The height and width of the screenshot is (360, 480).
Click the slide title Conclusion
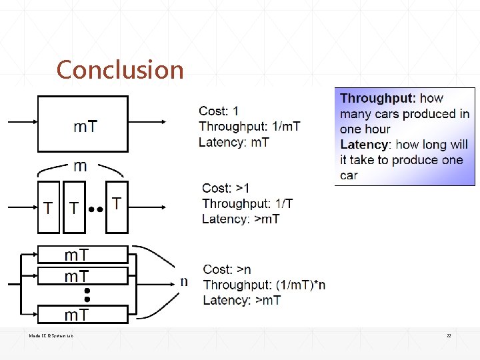point(120,69)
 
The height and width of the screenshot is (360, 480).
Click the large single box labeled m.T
point(83,124)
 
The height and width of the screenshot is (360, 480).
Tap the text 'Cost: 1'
point(218,111)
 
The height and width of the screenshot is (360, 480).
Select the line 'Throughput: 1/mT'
point(249,126)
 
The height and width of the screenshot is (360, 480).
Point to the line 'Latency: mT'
point(233,141)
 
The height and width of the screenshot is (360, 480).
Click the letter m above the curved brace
point(79,166)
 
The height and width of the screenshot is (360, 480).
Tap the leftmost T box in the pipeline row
point(48,207)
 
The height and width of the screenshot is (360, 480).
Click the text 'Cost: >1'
point(225,189)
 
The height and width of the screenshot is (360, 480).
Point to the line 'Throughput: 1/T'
point(247,203)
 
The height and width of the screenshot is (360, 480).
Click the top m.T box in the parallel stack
point(82,255)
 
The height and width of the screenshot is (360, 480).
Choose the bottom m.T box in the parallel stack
point(82,315)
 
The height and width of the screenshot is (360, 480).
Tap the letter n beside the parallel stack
point(184,281)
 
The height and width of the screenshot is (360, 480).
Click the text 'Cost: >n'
point(227,269)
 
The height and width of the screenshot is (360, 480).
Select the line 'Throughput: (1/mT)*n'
point(264,285)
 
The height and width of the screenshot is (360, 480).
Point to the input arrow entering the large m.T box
point(23,122)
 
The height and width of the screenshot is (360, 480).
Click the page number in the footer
point(449,336)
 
